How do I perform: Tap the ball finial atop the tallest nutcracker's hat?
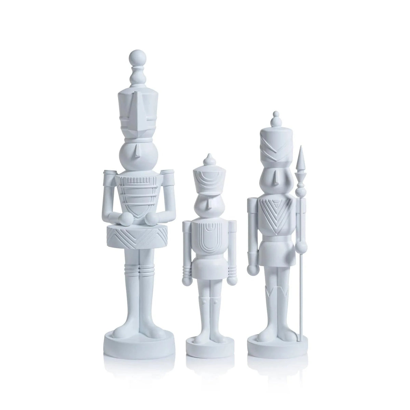pos(136,56)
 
